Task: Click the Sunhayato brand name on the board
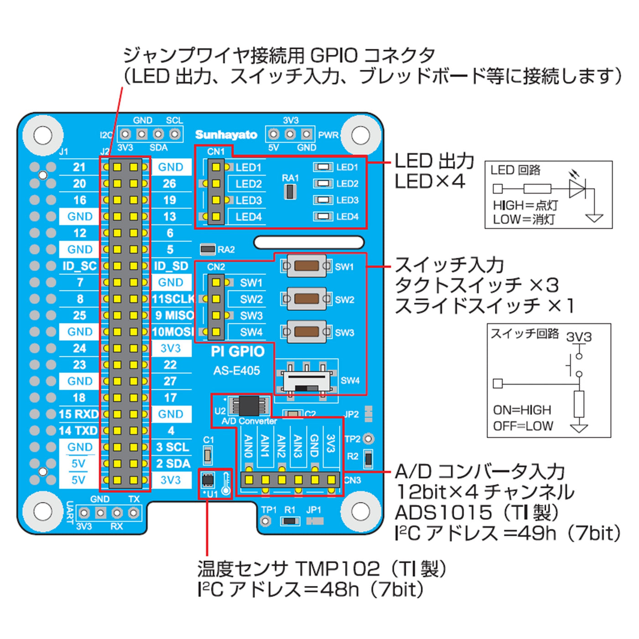coord(226,135)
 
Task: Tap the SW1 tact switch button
coord(306,266)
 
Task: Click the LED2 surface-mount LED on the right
coord(323,183)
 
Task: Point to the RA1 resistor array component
coord(290,192)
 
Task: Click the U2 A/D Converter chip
coord(249,405)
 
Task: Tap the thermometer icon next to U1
coord(225,484)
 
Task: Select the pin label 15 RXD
coord(79,414)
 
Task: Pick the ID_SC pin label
coord(79,266)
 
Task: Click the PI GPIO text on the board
coord(237,351)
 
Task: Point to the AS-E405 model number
coord(236,371)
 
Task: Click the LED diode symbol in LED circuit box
coord(577,188)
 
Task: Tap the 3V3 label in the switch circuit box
coord(579,337)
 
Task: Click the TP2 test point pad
coord(368,439)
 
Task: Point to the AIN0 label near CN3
coord(248,446)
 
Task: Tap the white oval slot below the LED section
coord(309,242)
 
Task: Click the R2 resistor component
coord(368,459)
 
